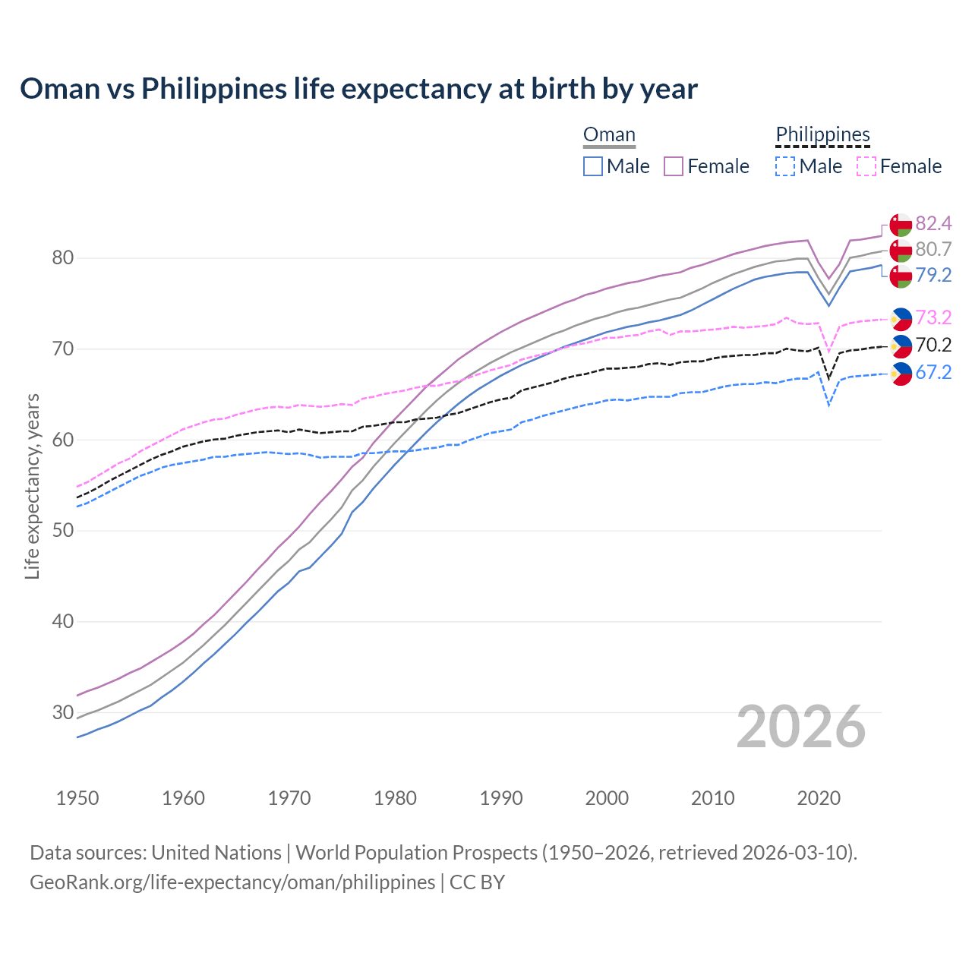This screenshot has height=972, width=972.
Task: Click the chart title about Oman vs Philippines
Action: pyautogui.click(x=358, y=89)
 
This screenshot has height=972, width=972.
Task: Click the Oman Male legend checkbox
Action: pyautogui.click(x=593, y=166)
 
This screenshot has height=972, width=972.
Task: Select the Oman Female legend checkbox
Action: pyautogui.click(x=674, y=166)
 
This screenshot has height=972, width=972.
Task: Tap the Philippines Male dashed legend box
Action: pyautogui.click(x=785, y=166)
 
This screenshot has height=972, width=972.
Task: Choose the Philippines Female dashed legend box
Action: pyautogui.click(x=866, y=166)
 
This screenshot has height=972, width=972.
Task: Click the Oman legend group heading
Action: pyautogui.click(x=609, y=135)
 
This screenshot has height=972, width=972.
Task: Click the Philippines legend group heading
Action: pyautogui.click(x=822, y=135)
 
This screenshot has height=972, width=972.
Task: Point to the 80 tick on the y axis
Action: pyautogui.click(x=62, y=258)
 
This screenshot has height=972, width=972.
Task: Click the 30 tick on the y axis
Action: pyautogui.click(x=62, y=712)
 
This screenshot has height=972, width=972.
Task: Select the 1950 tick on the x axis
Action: pyautogui.click(x=77, y=798)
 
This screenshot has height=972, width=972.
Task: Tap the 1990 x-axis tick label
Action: pyautogui.click(x=501, y=798)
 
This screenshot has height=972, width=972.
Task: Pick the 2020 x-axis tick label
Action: pyautogui.click(x=819, y=798)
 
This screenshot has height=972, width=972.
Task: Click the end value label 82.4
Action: pyautogui.click(x=933, y=223)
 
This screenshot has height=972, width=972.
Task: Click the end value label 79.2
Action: pyautogui.click(x=933, y=275)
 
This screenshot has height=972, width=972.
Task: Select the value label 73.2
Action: pyautogui.click(x=933, y=317)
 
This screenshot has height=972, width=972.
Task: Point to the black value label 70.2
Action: pyautogui.click(x=933, y=346)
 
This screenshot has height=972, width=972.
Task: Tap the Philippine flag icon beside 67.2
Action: pyautogui.click(x=901, y=373)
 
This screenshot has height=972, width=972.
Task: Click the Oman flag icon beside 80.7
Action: pyautogui.click(x=901, y=250)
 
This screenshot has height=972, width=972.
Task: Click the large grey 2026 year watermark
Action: pyautogui.click(x=801, y=727)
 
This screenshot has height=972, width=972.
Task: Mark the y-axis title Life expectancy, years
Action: pyautogui.click(x=33, y=486)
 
